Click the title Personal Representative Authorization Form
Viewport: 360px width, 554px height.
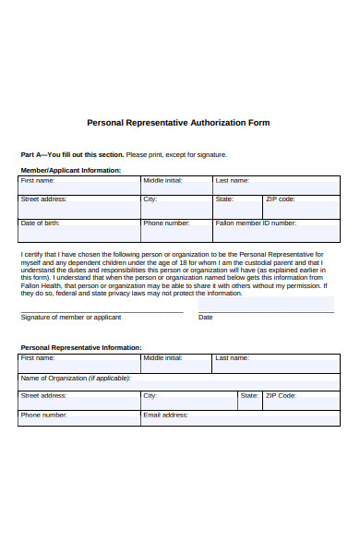[x=178, y=122]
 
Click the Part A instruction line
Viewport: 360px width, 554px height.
[x=123, y=154]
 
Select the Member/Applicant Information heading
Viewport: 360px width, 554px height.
[x=70, y=171]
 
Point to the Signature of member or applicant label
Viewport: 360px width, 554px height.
[x=70, y=317]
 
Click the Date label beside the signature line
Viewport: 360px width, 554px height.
[x=206, y=317]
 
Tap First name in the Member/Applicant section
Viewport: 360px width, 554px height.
[x=78, y=185]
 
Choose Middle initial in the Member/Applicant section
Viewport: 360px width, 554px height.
[x=175, y=185]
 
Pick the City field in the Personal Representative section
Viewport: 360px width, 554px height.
[x=188, y=398]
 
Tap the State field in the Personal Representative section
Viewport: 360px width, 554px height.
[x=249, y=398]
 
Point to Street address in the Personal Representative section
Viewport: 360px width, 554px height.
[x=78, y=398]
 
